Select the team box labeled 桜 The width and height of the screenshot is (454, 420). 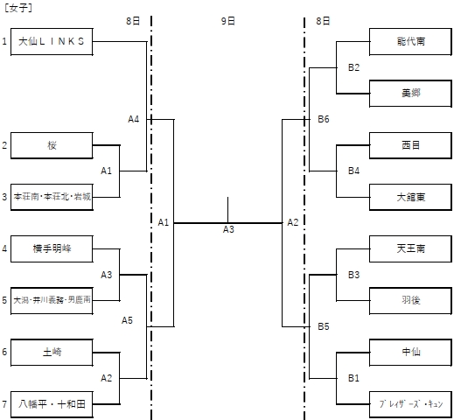52,145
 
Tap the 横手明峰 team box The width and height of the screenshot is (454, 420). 52,248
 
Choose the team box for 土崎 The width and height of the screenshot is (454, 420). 52,352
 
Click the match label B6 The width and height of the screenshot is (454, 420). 324,119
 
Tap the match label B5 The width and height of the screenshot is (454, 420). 324,325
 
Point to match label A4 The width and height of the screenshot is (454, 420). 134,119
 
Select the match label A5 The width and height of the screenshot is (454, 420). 128,319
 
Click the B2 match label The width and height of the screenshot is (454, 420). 353,66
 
